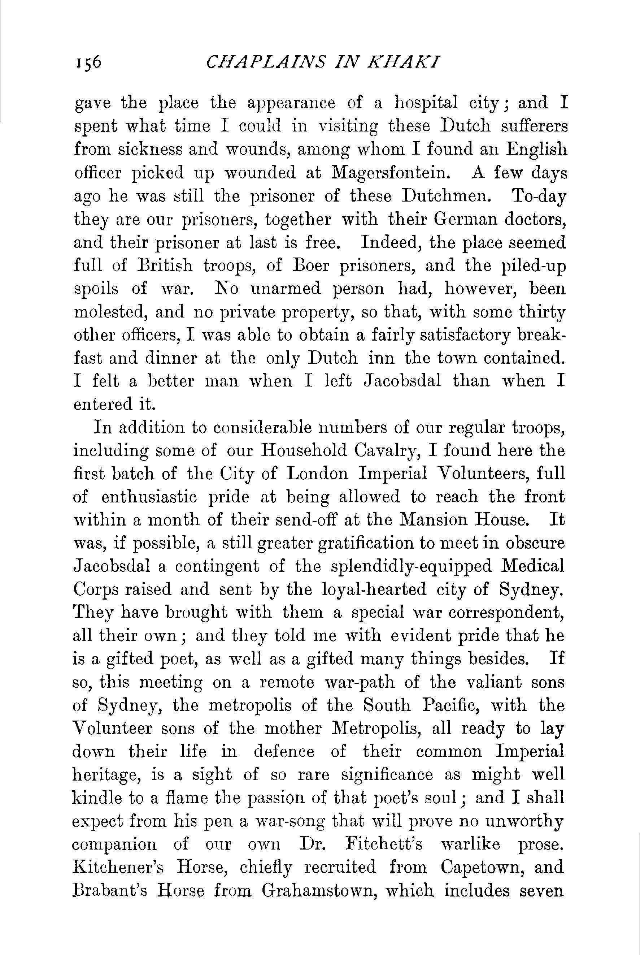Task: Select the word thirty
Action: coord(541,312)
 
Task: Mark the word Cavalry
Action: coord(387,451)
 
